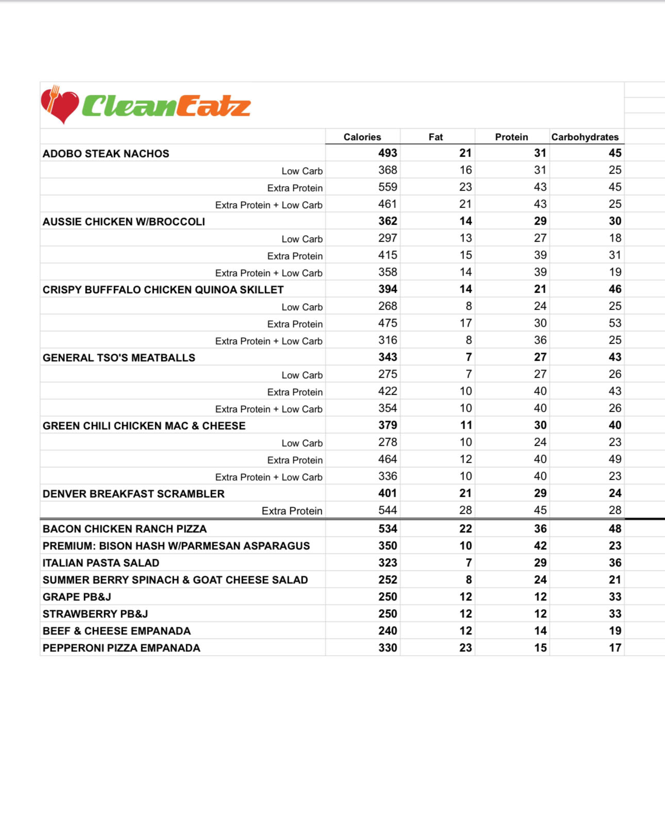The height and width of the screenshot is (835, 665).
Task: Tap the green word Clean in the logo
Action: (129, 106)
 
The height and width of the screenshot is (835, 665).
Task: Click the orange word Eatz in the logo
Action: (213, 106)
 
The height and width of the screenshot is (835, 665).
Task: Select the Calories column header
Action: (362, 137)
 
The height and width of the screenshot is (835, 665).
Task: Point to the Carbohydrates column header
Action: (585, 137)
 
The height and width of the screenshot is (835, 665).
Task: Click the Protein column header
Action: (511, 137)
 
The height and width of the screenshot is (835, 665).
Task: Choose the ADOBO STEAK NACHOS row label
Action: (106, 154)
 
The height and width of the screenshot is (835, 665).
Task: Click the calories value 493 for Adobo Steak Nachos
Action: (388, 153)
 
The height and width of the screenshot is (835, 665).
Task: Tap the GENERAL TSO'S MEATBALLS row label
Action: (119, 358)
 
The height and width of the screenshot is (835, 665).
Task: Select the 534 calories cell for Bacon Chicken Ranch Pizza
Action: (388, 529)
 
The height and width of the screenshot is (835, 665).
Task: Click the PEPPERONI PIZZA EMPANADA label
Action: (121, 648)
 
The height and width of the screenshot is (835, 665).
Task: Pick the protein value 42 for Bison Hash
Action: (540, 546)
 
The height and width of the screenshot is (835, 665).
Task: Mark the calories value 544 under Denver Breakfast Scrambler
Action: (388, 510)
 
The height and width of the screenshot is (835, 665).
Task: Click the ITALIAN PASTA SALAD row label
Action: (101, 563)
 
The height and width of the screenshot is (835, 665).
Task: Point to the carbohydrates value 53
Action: (614, 323)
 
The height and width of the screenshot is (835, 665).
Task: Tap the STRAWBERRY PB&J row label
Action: (95, 614)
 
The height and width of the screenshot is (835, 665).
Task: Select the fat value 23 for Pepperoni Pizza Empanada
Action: (465, 648)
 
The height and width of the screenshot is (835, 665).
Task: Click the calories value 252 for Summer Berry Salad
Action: (388, 580)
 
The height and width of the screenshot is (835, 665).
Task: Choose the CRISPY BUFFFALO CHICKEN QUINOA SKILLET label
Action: (163, 290)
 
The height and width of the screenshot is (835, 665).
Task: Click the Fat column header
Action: (436, 137)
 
